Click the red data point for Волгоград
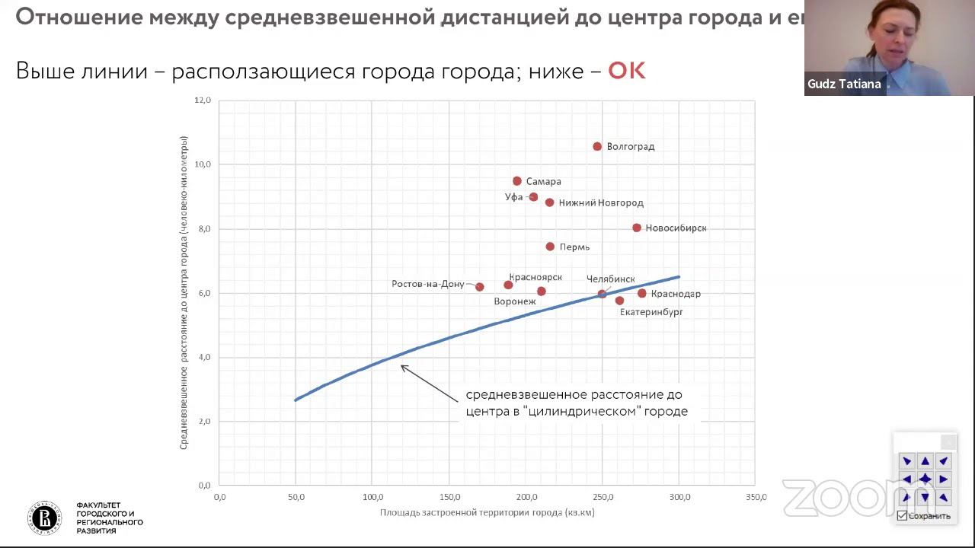point(597,146)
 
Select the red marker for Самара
point(517,181)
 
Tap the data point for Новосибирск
point(637,228)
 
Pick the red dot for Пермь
point(550,247)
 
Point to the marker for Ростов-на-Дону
point(480,287)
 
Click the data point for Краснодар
point(642,293)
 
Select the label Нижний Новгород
point(601,203)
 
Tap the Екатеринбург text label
point(651,312)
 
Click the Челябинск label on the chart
point(610,279)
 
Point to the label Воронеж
point(515,301)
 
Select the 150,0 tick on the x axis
point(449,498)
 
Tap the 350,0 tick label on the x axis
point(756,498)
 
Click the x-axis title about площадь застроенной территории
point(487,513)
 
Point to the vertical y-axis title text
point(184,292)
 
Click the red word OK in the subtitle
point(626,72)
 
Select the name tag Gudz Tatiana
point(844,84)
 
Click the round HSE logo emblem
point(46,518)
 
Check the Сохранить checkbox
point(902,516)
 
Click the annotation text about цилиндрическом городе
point(577,403)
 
